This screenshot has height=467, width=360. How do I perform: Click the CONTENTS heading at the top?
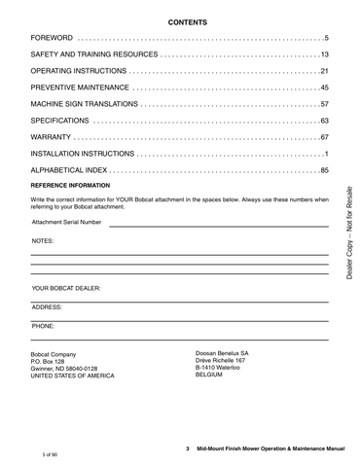coord(181,20)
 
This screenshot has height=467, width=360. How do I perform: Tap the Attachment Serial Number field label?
coord(66,222)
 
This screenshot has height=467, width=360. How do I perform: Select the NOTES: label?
coord(43,239)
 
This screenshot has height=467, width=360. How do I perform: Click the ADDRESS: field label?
coord(47,306)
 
